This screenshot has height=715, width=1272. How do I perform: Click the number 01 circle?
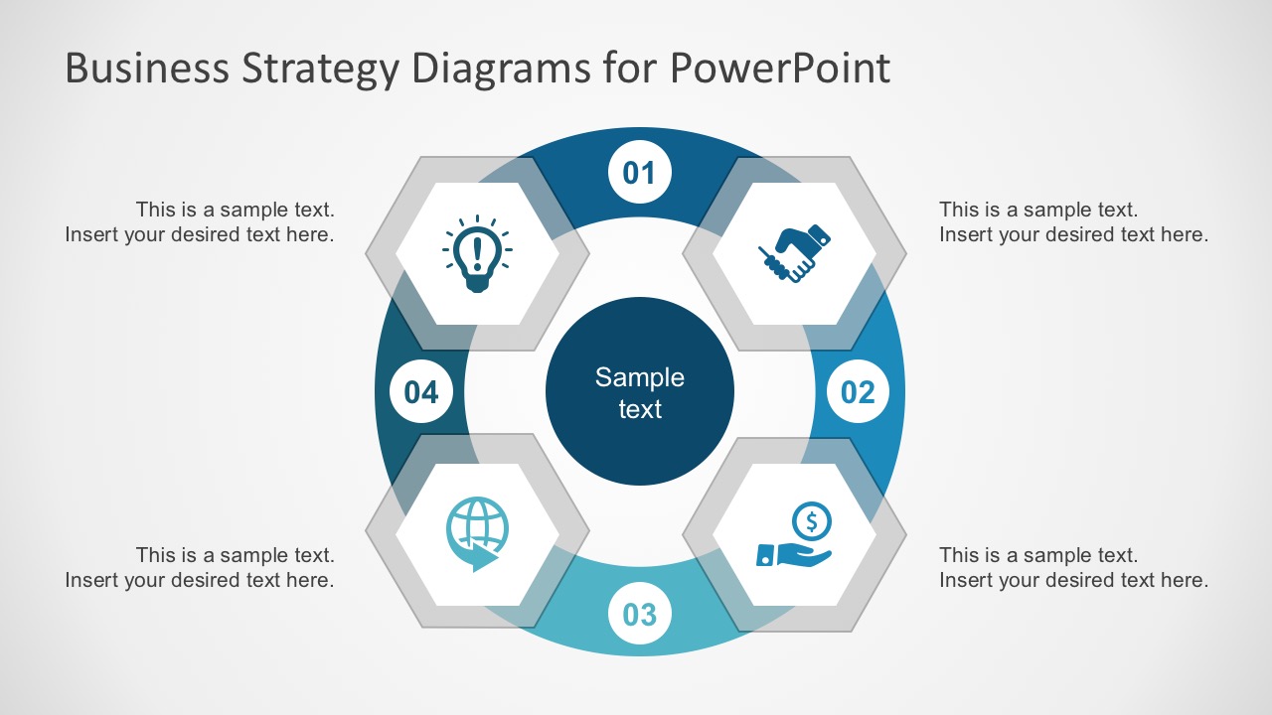click(639, 173)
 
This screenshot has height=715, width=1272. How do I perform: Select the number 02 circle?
click(858, 392)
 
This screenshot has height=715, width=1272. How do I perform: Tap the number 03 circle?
click(639, 614)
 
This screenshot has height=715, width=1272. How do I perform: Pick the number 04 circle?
click(421, 392)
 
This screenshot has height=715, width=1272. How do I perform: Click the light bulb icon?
click(477, 253)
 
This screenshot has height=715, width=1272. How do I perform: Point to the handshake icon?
click(794, 253)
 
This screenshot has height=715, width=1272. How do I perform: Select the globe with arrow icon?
click(477, 534)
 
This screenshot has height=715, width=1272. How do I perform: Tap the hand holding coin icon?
click(795, 536)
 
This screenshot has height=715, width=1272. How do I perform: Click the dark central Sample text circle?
click(639, 392)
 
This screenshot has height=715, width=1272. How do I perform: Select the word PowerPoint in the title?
click(779, 69)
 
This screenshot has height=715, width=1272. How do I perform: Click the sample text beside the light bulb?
click(200, 221)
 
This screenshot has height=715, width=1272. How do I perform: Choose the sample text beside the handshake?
click(1073, 221)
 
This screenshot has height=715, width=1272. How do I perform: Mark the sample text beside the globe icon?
click(200, 567)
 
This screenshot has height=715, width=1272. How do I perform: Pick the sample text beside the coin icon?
click(1073, 567)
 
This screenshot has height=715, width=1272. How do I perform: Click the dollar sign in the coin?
click(812, 520)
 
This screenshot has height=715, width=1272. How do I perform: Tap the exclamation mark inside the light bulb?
click(477, 251)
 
